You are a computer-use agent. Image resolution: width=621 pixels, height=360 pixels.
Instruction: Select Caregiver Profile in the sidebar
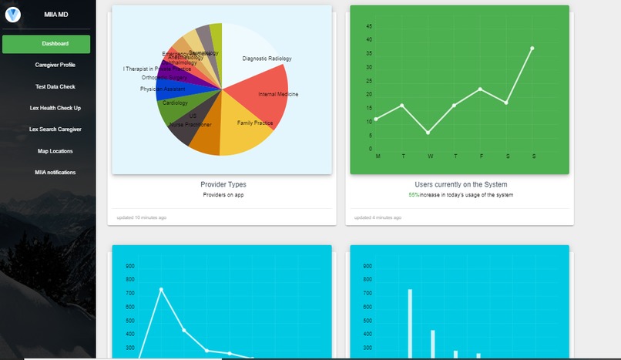tap(55, 65)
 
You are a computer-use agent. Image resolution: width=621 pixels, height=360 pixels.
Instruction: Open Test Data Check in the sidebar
tap(55, 86)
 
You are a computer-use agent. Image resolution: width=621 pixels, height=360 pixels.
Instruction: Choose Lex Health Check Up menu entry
tap(55, 108)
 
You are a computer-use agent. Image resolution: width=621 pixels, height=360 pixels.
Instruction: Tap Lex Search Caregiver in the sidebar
tap(55, 130)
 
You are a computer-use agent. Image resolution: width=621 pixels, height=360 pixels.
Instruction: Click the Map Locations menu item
tap(55, 151)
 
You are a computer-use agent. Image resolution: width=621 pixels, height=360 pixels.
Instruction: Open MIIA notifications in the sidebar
tap(55, 173)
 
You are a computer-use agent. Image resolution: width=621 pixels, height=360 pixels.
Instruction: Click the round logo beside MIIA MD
tap(13, 14)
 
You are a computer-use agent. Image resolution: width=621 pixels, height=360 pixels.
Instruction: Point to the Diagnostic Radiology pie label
tap(267, 59)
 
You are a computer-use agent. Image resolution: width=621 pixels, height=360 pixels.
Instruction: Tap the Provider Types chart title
tap(223, 185)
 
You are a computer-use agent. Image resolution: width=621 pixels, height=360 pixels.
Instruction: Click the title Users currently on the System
tap(461, 185)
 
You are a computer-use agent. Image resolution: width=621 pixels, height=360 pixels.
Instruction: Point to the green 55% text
tap(414, 195)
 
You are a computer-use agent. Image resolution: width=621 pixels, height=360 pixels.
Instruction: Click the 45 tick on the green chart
tap(370, 26)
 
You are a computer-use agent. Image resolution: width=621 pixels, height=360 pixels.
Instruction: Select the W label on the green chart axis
tap(430, 156)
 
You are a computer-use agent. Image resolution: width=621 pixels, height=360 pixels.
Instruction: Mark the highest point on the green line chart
tap(532, 48)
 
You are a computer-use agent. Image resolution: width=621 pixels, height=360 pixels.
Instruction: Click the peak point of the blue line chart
tap(161, 289)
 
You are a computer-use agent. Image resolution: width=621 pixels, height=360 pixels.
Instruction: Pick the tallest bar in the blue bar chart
tap(410, 324)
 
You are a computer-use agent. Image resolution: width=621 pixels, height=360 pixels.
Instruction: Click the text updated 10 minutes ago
tap(142, 217)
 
